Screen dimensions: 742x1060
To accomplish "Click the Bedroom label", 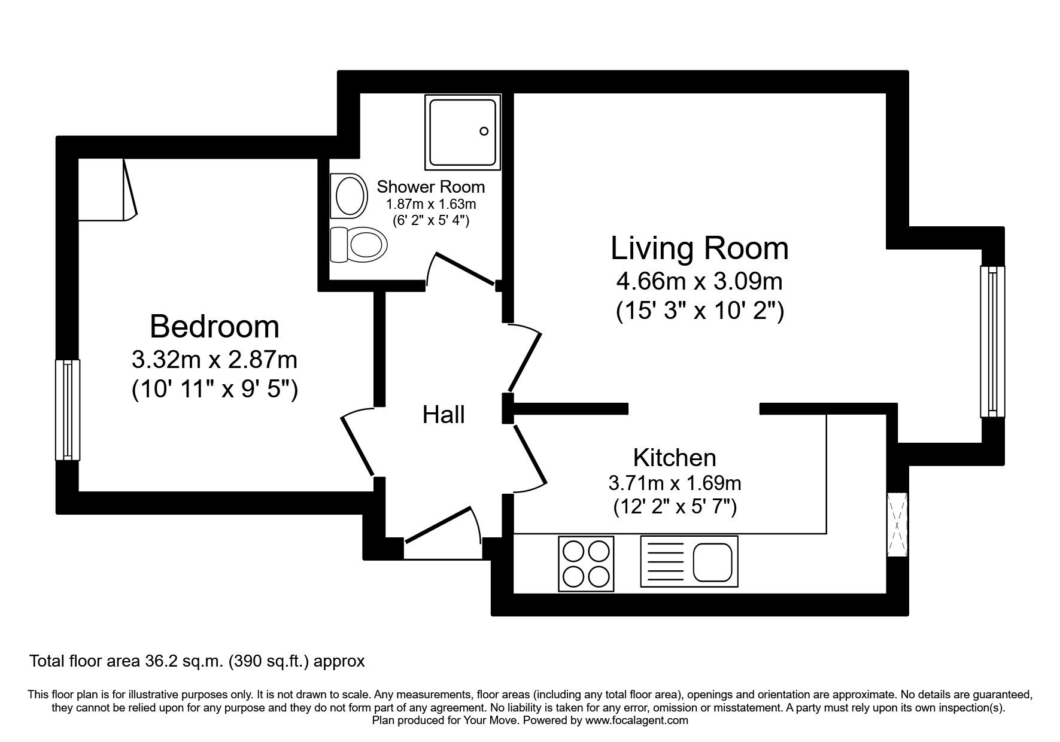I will click(214, 327).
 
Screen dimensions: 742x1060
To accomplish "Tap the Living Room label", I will click(699, 248).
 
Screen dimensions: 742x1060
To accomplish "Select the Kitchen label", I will click(675, 458).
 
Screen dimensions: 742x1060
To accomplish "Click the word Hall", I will click(444, 415).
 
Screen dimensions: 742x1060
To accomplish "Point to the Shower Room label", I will click(430, 187).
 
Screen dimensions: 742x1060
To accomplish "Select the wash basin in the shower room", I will click(350, 194).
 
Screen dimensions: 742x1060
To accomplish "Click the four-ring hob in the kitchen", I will click(586, 564).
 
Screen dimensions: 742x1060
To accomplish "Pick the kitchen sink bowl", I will click(712, 563).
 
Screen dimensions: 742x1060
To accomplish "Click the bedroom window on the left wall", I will click(68, 410).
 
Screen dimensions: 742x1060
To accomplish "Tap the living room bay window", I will click(992, 342).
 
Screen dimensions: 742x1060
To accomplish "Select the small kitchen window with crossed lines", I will click(897, 525).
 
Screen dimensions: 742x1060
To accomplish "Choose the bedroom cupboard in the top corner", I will click(105, 189).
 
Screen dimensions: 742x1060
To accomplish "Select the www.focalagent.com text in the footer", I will click(636, 720).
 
